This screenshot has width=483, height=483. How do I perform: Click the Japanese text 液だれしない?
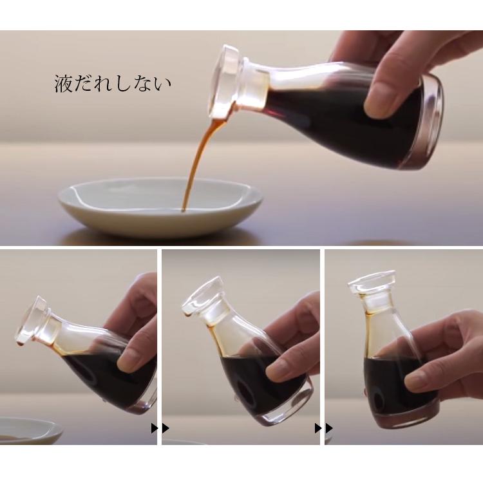coord(113,84)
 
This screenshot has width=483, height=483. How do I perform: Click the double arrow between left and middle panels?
coord(160,428)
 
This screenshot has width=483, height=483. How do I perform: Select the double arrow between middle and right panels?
coord(324,428)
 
